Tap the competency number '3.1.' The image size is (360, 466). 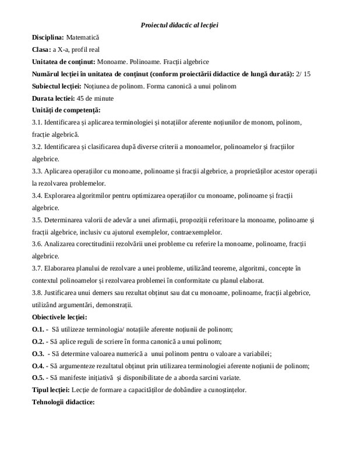[x=38, y=122]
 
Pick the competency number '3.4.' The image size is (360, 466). [x=38, y=195]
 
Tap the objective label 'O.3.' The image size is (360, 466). [x=39, y=354]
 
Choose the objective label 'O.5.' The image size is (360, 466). [x=39, y=377]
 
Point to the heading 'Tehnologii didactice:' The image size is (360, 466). [x=63, y=402]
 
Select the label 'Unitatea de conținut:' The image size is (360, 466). [x=64, y=62]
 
